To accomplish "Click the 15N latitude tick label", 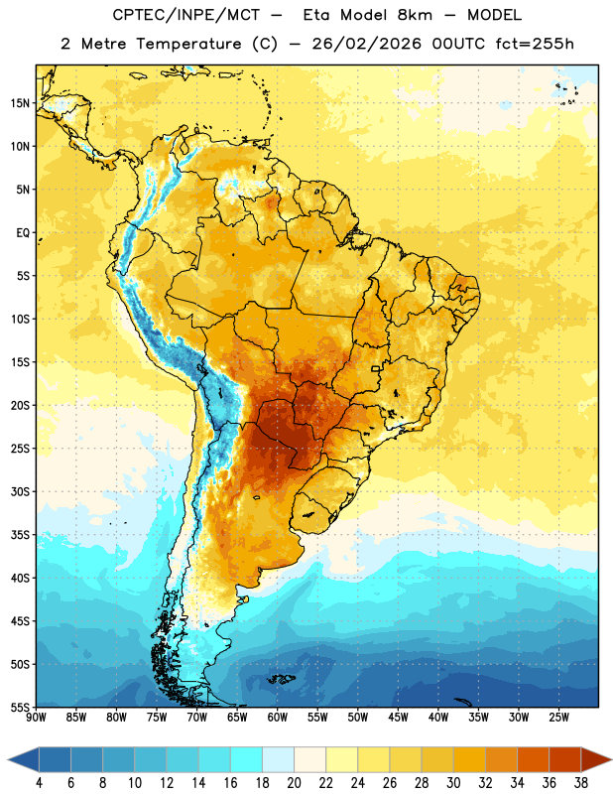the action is tap(20, 103).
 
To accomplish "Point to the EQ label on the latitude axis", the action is tap(23, 233).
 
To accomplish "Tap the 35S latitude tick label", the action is tap(20, 535).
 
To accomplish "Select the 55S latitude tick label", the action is tap(20, 707).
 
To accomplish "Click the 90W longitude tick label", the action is tap(36, 718).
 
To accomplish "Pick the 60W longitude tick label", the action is tap(278, 718).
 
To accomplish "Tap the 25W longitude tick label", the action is tap(558, 718).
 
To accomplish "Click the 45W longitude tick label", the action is tap(398, 718).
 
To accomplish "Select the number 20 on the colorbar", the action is tap(294, 783).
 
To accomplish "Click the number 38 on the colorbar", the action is tap(581, 783).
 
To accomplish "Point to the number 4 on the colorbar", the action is tap(39, 783).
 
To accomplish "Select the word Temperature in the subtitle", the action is tap(188, 44).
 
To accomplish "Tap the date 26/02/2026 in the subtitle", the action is tap(366, 44).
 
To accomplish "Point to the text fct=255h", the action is tap(535, 44).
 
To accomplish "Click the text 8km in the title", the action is tap(415, 15).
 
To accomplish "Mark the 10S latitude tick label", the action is tap(20, 319).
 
